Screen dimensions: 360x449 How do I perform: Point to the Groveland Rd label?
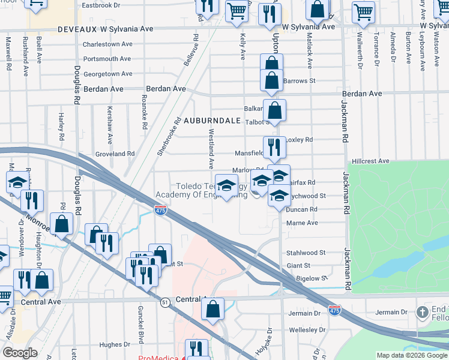click(x=115, y=154)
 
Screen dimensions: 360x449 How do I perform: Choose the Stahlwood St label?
click(x=306, y=253)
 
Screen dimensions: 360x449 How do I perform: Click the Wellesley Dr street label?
click(x=307, y=330)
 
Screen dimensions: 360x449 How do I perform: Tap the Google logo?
click(x=20, y=353)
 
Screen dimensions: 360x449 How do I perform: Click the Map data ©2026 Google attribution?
click(x=412, y=355)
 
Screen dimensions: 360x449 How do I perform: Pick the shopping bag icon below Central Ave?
click(x=212, y=309)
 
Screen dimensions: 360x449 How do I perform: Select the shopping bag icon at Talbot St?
click(x=274, y=110)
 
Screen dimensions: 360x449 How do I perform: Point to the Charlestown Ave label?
click(x=107, y=44)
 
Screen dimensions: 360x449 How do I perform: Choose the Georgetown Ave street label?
click(x=107, y=74)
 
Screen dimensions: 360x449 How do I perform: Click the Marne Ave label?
click(x=304, y=223)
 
